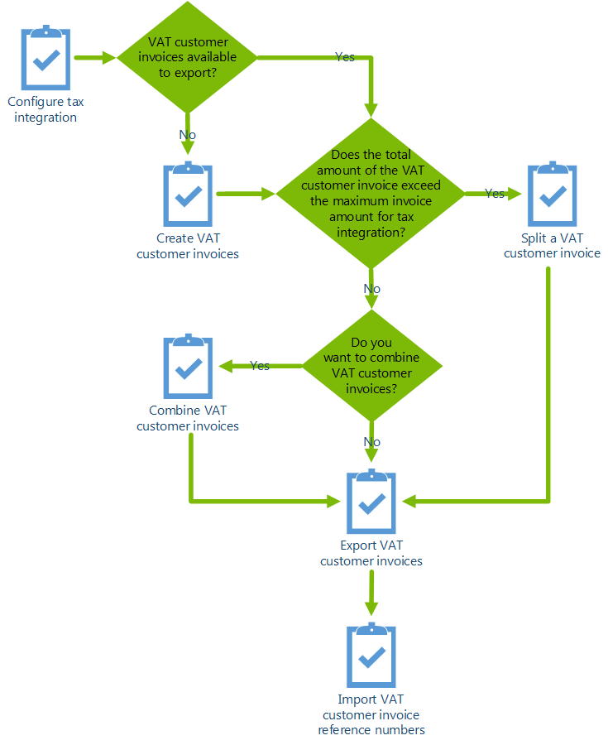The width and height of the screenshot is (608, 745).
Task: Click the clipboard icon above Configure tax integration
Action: tap(46, 59)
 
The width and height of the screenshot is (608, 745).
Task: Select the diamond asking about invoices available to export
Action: tap(188, 57)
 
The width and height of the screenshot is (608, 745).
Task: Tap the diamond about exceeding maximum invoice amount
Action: tap(371, 194)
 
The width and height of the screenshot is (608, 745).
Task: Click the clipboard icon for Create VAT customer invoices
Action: tap(189, 195)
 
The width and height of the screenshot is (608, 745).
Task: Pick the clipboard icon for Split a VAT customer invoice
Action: tap(552, 195)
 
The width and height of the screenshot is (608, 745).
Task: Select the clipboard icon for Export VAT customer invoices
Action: tap(371, 502)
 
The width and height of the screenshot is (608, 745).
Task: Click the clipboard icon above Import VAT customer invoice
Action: tap(371, 656)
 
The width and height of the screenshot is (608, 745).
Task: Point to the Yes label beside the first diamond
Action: tap(345, 57)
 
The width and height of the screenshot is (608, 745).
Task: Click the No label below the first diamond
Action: tap(188, 134)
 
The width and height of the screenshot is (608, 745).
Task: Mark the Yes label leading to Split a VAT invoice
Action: tap(494, 194)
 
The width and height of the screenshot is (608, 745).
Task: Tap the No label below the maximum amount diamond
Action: tap(371, 289)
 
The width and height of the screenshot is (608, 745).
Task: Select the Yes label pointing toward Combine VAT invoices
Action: tap(260, 366)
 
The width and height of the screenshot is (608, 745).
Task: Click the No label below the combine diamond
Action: tap(371, 442)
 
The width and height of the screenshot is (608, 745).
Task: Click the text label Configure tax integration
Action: tap(46, 110)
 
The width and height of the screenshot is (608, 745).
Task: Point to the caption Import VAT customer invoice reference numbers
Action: tap(371, 714)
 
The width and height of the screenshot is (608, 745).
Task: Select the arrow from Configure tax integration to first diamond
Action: tap(95, 58)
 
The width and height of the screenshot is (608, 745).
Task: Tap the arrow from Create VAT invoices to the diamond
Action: tap(245, 194)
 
